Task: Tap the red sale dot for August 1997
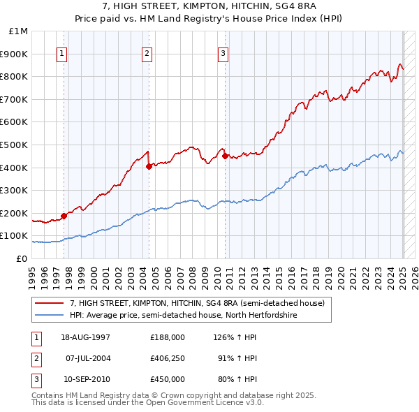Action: (64, 216)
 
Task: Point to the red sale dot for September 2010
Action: (226, 156)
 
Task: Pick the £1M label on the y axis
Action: (19, 31)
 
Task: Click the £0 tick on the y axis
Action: (22, 258)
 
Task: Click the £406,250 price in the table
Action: (167, 358)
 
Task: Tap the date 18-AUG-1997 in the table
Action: (85, 337)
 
